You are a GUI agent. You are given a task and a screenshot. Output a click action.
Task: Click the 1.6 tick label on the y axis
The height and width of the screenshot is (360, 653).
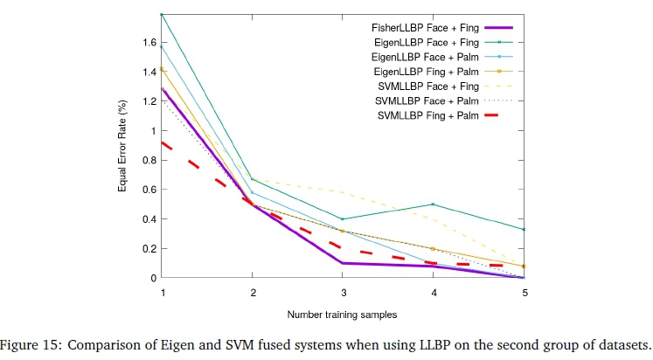[149, 43]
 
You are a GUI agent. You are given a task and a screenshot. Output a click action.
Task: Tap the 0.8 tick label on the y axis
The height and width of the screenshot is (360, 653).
[149, 161]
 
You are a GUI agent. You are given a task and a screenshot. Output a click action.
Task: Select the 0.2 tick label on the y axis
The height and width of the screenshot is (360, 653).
[149, 249]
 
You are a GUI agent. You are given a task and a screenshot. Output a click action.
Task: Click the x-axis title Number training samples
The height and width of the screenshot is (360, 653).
[344, 313]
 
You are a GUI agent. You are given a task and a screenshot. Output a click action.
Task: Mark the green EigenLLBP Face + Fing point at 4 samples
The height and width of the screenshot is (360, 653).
[434, 204]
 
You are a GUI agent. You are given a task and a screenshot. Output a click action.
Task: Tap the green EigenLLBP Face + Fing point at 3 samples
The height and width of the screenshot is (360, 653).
[344, 219]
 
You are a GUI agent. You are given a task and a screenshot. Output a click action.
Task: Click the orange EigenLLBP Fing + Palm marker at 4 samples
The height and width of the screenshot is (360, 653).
[434, 249]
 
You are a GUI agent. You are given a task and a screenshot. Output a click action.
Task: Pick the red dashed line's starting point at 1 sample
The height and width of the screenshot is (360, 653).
[163, 142]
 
